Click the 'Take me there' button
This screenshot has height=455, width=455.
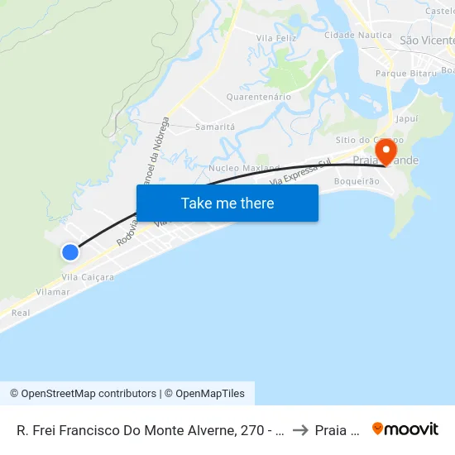click(x=227, y=203)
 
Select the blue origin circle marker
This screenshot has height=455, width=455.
click(x=70, y=252)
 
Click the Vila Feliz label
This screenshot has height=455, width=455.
click(x=276, y=38)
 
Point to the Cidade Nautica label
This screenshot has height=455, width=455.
click(x=357, y=35)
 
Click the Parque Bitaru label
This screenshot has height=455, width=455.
click(x=405, y=74)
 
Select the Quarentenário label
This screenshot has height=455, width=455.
click(x=259, y=97)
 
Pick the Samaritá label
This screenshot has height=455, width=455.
click(x=215, y=127)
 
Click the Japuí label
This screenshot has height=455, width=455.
click(x=407, y=119)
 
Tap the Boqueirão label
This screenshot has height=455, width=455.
click(x=357, y=181)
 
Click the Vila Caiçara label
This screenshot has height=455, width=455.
click(x=88, y=277)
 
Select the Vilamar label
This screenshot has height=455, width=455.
click(x=53, y=292)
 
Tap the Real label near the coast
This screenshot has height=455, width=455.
click(x=21, y=313)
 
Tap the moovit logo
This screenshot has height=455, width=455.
click(x=405, y=429)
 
